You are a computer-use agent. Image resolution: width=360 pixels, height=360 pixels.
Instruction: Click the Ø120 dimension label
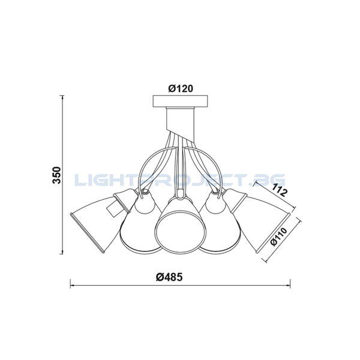tap(181, 88)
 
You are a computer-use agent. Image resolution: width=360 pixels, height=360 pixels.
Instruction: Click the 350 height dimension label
tap(57, 175)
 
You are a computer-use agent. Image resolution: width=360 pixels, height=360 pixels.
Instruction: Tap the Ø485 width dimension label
tap(169, 277)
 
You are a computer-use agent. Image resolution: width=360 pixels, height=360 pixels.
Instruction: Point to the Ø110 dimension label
tap(279, 236)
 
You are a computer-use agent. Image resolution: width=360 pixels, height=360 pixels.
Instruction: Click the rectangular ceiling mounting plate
tap(181, 101)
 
